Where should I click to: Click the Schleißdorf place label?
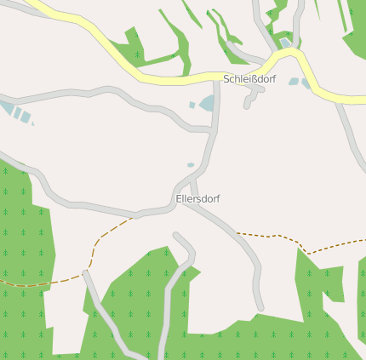[x=250, y=78]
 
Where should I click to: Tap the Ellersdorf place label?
[x=197, y=198]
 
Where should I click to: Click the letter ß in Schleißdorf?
[x=250, y=78]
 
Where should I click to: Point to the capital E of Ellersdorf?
[x=179, y=198]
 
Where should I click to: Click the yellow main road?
[x=170, y=77]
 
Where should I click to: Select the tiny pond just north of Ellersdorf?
[x=191, y=164]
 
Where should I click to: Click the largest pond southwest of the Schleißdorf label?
[x=207, y=103]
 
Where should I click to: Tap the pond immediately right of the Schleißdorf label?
[x=294, y=82]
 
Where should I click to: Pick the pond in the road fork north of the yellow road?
[x=285, y=43]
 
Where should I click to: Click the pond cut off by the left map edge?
[x=6, y=108]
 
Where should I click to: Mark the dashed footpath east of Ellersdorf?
[x=272, y=236]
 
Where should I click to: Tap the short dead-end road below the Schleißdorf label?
[x=249, y=100]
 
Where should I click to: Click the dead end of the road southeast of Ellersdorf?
[x=260, y=306]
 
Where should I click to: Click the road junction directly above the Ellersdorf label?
[x=192, y=180]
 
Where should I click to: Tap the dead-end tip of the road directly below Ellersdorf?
[x=176, y=236]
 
